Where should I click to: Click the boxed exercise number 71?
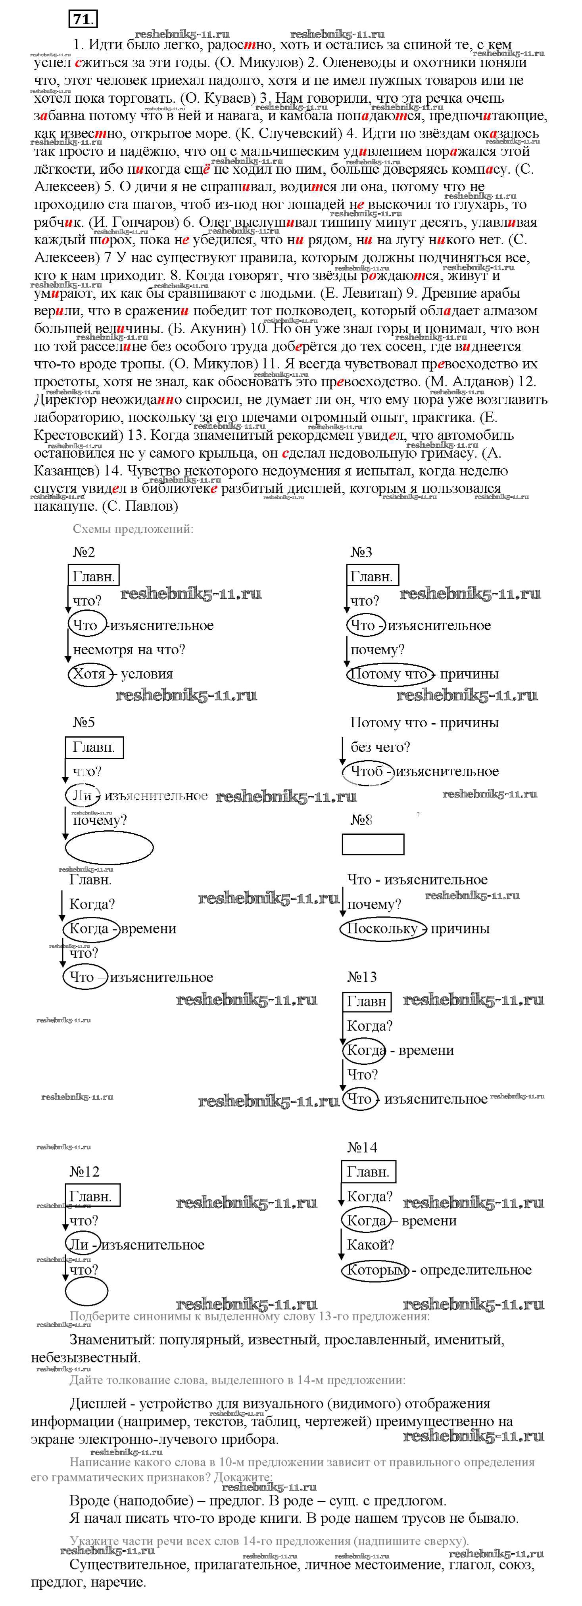(x=83, y=19)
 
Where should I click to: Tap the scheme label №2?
(x=84, y=552)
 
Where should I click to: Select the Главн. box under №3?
(x=372, y=577)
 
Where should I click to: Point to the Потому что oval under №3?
(x=388, y=674)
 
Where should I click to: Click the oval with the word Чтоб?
(x=368, y=772)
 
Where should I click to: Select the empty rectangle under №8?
(x=373, y=844)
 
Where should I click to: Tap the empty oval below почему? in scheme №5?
(x=109, y=848)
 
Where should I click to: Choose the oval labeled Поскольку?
(x=383, y=928)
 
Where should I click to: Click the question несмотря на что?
(x=129, y=650)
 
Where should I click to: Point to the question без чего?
(x=380, y=747)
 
